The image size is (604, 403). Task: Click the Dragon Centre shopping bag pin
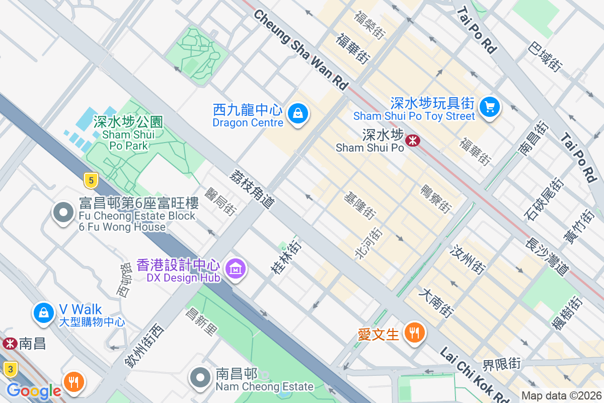(298, 114)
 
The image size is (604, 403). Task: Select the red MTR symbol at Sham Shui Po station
(413, 140)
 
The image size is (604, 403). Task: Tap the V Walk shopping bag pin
(44, 312)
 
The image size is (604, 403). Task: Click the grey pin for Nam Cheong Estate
(201, 377)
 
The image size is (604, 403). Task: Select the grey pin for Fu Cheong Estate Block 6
(63, 213)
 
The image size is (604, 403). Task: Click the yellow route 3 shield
(10, 369)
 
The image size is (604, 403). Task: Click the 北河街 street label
(369, 243)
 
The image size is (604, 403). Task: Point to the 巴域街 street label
(545, 56)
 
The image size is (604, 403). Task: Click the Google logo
(34, 390)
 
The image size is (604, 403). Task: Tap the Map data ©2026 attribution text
(561, 395)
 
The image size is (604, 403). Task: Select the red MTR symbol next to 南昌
(9, 344)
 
